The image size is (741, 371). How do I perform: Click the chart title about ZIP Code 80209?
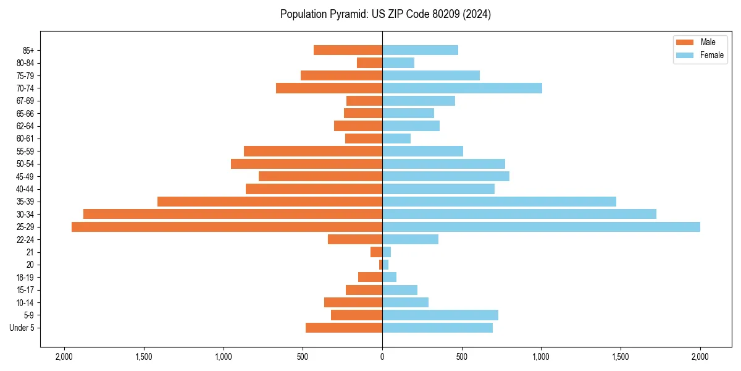pyautogui.click(x=385, y=14)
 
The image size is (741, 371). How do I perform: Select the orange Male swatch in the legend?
pyautogui.click(x=685, y=42)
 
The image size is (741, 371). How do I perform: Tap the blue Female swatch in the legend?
pyautogui.click(x=685, y=55)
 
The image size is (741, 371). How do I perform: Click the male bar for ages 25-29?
pyautogui.click(x=227, y=227)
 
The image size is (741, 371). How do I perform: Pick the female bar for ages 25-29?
pyautogui.click(x=541, y=227)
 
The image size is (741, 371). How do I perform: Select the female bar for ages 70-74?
pyautogui.click(x=462, y=88)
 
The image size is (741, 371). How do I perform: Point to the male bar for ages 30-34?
pyautogui.click(x=233, y=214)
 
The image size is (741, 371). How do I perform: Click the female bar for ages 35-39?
pyautogui.click(x=499, y=202)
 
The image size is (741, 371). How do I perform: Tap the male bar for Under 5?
pyautogui.click(x=344, y=328)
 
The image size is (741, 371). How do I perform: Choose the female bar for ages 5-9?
pyautogui.click(x=440, y=315)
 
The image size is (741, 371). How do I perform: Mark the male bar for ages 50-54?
pyautogui.click(x=306, y=164)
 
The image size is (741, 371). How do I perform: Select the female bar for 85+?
pyautogui.click(x=420, y=50)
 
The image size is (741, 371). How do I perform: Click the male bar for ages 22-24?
pyautogui.click(x=355, y=239)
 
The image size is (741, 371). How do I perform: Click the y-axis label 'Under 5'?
pyautogui.click(x=22, y=328)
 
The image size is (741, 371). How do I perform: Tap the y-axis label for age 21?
pyautogui.click(x=30, y=252)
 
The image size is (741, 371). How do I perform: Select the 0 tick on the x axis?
pyautogui.click(x=382, y=357)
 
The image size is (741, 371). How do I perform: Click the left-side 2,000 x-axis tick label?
pyautogui.click(x=64, y=357)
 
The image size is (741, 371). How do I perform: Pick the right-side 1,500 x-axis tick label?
pyautogui.click(x=621, y=357)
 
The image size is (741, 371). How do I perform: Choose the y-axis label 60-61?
pyautogui.click(x=25, y=139)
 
